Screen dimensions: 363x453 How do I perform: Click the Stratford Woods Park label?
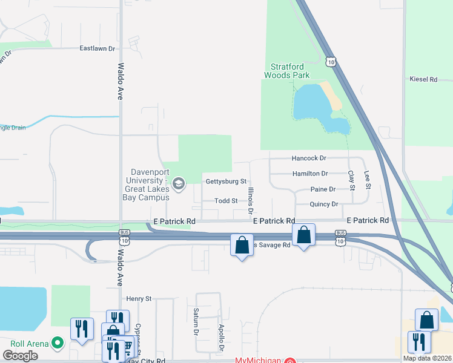coord(286,71)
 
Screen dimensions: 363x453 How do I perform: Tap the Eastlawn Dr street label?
coord(98,48)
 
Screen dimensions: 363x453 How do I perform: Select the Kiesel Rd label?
coord(423,79)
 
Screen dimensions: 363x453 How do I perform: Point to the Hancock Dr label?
coord(309,158)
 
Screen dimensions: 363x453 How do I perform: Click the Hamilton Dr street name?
coord(310,174)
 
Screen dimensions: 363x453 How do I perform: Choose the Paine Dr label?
coord(323,189)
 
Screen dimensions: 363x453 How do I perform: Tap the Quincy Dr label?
coord(324,204)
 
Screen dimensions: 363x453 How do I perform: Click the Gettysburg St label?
coord(226,181)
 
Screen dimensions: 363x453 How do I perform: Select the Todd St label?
coord(225,201)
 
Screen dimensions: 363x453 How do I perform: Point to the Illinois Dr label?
coord(250,200)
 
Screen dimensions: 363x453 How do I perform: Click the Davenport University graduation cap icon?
coord(179,183)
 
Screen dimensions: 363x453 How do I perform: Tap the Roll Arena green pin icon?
coord(58,344)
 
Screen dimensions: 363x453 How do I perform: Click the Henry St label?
coord(139,299)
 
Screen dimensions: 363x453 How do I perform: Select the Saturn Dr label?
coord(196,321)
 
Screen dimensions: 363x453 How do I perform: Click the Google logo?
coord(21,355)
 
